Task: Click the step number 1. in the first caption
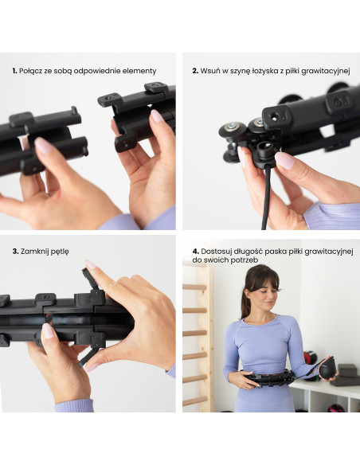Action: coord(14,71)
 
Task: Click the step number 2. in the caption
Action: coord(195,71)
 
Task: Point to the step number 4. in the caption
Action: coord(195,252)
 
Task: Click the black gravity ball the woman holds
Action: coord(327,368)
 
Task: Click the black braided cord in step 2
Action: coord(266,197)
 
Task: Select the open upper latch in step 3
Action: coord(90,281)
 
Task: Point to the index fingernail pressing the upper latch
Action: coord(90,264)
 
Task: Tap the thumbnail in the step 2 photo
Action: coord(284,160)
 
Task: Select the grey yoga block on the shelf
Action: coord(347,370)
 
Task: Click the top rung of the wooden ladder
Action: coord(195,287)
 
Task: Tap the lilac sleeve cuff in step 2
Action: coord(330,216)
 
